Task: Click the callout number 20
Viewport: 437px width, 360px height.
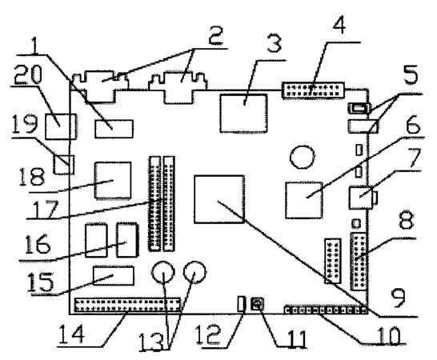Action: (x=28, y=74)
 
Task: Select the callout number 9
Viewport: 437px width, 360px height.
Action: (x=399, y=298)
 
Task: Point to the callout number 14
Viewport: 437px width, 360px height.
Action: (x=71, y=334)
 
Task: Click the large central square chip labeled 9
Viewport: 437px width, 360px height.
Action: (x=219, y=199)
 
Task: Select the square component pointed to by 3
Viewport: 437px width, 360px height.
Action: (x=243, y=113)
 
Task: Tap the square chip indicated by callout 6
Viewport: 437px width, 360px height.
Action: (x=304, y=200)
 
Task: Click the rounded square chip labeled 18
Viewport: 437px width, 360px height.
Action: (x=113, y=180)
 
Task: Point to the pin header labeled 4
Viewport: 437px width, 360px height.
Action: (x=313, y=90)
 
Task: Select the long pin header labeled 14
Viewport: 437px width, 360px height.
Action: (x=127, y=305)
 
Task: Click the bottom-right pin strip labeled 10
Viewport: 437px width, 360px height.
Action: (x=326, y=310)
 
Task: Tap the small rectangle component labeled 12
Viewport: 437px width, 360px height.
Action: (x=242, y=304)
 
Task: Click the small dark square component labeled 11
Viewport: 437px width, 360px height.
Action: (x=257, y=304)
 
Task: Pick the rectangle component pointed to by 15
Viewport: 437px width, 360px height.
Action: (x=114, y=276)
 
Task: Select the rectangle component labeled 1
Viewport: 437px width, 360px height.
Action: (x=114, y=129)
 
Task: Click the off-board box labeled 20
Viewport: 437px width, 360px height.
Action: (x=61, y=126)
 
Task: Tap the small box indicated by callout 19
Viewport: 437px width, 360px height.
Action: (x=63, y=165)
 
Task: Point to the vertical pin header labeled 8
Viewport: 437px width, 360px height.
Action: (x=359, y=262)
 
